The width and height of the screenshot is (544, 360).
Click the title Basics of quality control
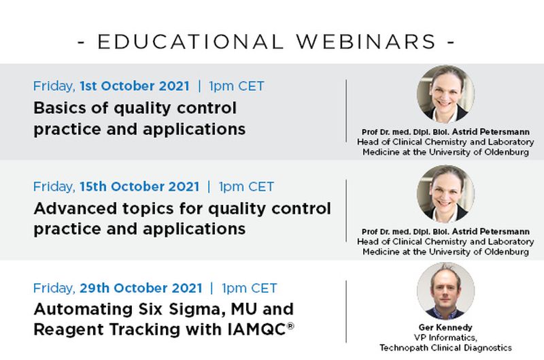tap(135, 108)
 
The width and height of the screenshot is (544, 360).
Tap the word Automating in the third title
tap(77, 308)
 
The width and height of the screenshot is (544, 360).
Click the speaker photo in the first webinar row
tap(445, 94)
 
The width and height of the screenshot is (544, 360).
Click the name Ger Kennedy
tap(446, 327)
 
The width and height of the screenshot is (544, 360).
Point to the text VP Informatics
tap(446, 338)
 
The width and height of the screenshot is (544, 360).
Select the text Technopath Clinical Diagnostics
tap(446, 347)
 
